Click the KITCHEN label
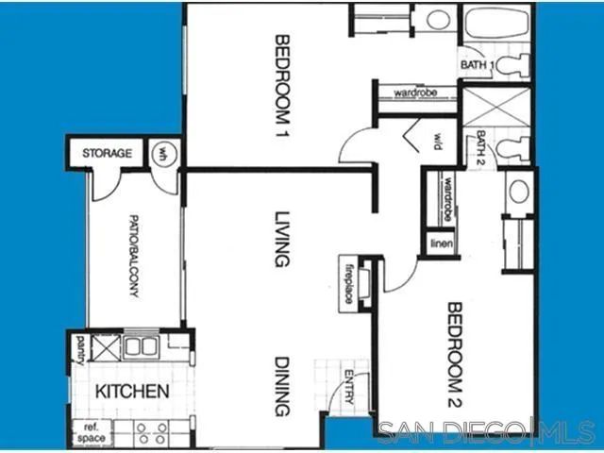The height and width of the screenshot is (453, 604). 131,391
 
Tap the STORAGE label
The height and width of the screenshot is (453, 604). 106,153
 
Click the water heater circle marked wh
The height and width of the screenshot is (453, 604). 162,152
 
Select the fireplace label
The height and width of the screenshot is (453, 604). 347,280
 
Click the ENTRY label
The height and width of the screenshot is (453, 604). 348,388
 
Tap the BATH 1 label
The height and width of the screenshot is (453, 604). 476,64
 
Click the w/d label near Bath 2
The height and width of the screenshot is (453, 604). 439,142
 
